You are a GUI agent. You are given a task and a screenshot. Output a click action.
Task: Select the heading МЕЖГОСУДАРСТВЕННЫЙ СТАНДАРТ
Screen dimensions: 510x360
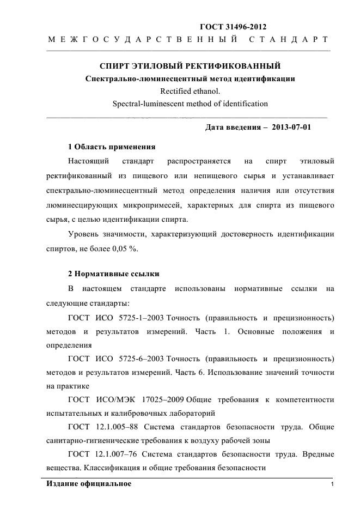[188, 40]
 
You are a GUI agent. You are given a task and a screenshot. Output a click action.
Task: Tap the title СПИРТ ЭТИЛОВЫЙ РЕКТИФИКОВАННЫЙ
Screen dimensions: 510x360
[190, 66]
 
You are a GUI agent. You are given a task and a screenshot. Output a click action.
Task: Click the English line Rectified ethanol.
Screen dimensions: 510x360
[190, 91]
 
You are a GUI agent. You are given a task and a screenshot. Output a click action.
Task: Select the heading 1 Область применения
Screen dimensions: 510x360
[112, 147]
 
